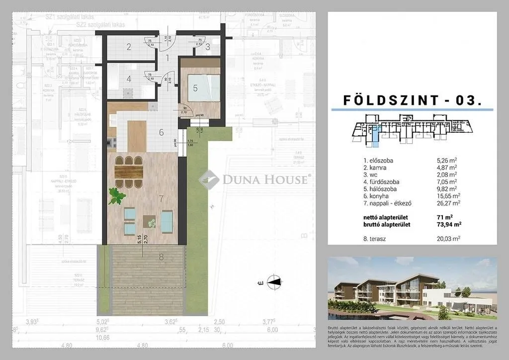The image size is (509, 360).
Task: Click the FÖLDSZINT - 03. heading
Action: point(413,100)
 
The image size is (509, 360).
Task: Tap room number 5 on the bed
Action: point(195,89)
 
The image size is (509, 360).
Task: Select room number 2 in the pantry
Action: point(129,47)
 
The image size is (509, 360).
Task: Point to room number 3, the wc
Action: point(208,47)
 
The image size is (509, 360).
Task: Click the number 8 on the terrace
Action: point(161,257)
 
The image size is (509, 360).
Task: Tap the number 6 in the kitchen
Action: point(161,132)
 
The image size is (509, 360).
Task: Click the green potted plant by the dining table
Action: point(117,195)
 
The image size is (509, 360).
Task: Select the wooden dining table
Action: point(129,172)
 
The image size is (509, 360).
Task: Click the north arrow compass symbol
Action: point(274,282)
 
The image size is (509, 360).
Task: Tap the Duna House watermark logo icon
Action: point(209,179)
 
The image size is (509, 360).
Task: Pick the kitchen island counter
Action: point(137,136)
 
